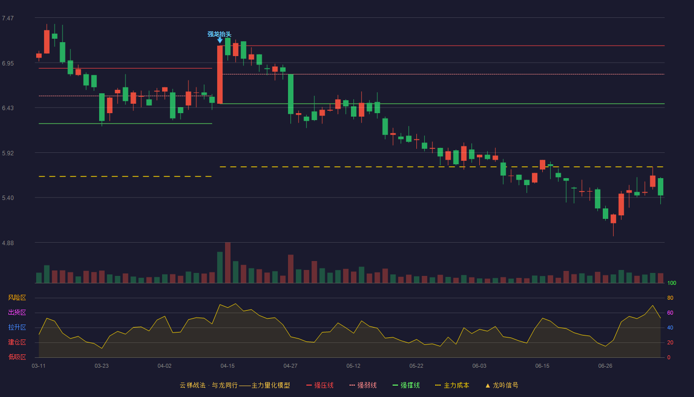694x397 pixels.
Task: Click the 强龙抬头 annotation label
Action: pyautogui.click(x=219, y=34)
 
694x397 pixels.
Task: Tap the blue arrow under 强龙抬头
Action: pyautogui.click(x=220, y=41)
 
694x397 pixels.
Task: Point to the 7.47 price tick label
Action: pyautogui.click(x=8, y=18)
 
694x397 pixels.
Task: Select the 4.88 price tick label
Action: pyautogui.click(x=8, y=243)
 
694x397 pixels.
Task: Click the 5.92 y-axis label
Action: pyautogui.click(x=8, y=153)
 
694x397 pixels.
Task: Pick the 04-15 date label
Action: pyautogui.click(x=228, y=366)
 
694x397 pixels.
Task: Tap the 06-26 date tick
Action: pyautogui.click(x=605, y=366)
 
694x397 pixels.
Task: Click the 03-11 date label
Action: pyautogui.click(x=39, y=366)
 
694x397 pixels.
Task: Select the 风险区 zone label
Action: pyautogui.click(x=17, y=298)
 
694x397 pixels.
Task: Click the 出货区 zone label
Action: pyautogui.click(x=17, y=312)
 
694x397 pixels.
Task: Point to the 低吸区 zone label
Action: pyautogui.click(x=17, y=357)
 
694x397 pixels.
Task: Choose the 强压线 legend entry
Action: pyautogui.click(x=320, y=385)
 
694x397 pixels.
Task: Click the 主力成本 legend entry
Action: pyautogui.click(x=452, y=385)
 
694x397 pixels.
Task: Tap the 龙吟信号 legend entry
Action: pyautogui.click(x=502, y=385)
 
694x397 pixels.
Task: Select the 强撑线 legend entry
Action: pyautogui.click(x=406, y=385)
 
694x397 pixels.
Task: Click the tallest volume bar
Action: pyautogui.click(x=228, y=263)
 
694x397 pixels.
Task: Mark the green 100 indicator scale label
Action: pyautogui.click(x=672, y=283)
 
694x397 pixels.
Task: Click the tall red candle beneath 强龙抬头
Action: pyautogui.click(x=220, y=74)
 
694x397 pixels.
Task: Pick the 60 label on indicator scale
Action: pyautogui.click(x=670, y=313)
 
